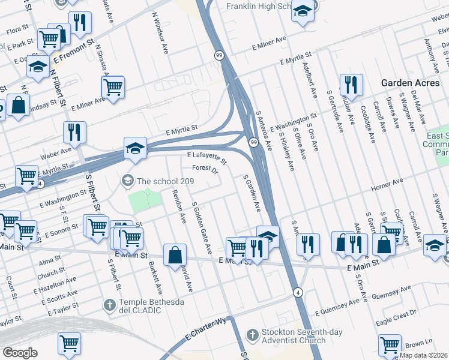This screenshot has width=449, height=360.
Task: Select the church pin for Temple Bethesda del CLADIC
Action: [109, 305]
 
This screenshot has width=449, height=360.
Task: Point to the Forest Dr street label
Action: [205, 169]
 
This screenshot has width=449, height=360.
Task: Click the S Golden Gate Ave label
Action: [202, 229]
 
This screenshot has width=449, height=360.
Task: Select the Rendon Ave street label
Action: [179, 206]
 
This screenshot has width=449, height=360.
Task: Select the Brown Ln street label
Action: [415, 344]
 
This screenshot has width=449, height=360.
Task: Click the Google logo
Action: [19, 352]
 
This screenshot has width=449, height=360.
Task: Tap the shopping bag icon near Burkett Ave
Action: [174, 254]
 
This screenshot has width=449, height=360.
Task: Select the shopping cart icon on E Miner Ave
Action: [113, 86]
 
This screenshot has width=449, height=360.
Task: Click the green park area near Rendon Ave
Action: [145, 199]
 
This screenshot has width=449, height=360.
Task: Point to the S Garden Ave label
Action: [252, 193]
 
